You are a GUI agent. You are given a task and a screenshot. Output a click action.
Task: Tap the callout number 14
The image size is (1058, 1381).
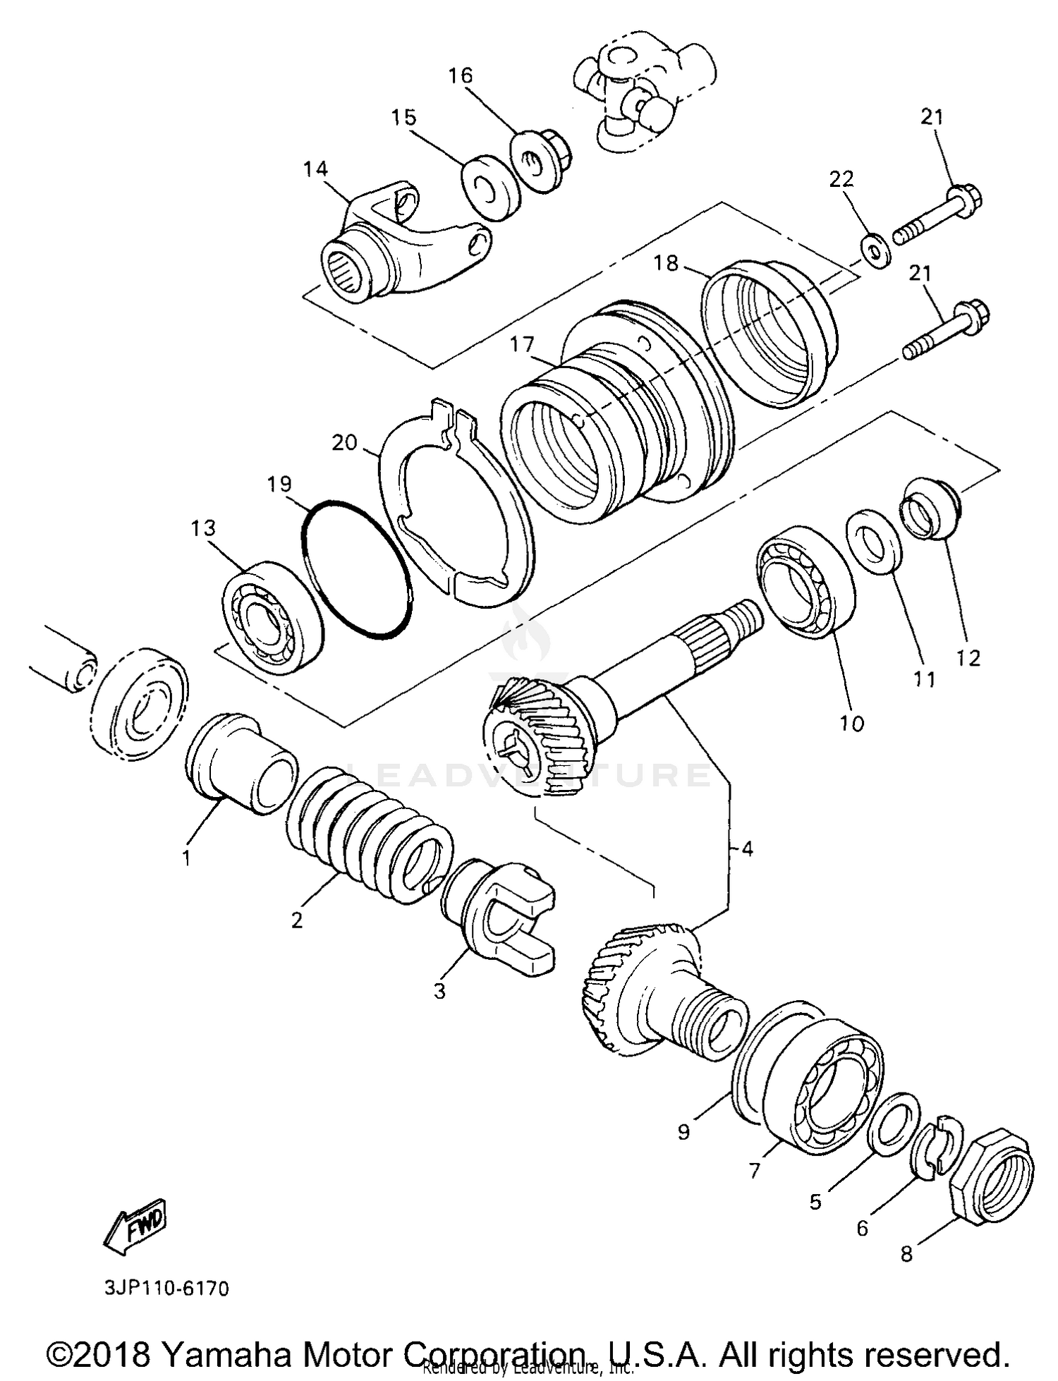tap(316, 169)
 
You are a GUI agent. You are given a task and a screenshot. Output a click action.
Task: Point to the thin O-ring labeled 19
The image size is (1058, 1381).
tap(356, 570)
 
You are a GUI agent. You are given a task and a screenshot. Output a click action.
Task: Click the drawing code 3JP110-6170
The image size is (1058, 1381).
tap(166, 1288)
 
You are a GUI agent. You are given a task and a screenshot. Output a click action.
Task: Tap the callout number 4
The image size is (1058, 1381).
tap(747, 848)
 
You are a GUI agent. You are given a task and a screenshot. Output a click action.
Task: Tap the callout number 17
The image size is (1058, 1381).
tap(523, 345)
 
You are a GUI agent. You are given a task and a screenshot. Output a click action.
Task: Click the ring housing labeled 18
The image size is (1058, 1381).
tap(769, 331)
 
